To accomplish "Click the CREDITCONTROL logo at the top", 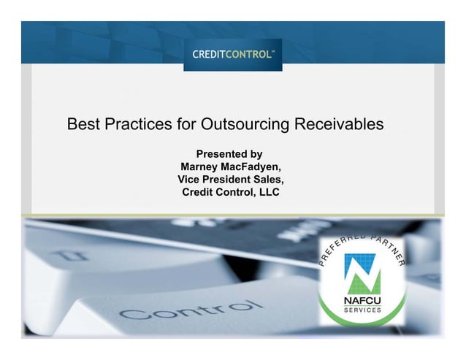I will click(x=233, y=54).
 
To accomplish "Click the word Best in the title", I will click(x=82, y=124).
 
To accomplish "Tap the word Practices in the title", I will click(x=136, y=124).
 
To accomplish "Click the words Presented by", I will click(x=229, y=154).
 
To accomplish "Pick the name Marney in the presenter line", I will click(x=201, y=166).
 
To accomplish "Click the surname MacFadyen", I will click(x=252, y=166).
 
